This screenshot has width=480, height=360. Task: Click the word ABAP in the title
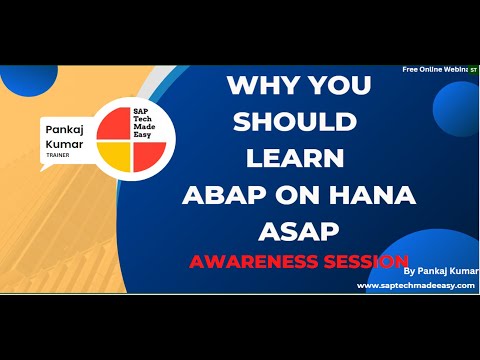tap(221, 194)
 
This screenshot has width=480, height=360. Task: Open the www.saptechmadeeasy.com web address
tap(415, 285)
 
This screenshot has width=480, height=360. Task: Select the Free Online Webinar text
tap(435, 71)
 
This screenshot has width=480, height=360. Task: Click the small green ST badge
tap(473, 71)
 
